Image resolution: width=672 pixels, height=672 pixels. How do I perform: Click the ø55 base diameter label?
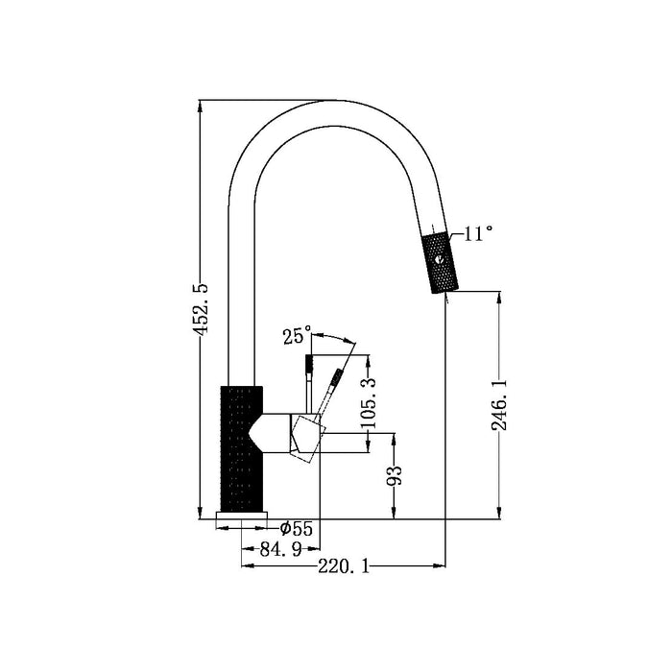[296, 528]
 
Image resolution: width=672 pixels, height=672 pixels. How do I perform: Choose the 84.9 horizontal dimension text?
[279, 549]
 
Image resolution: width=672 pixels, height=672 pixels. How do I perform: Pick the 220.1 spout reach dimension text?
[342, 566]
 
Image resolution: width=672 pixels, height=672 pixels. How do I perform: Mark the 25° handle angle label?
[297, 336]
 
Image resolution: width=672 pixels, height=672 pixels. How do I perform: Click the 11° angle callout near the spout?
[477, 233]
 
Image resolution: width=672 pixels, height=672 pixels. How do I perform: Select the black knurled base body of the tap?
[240, 448]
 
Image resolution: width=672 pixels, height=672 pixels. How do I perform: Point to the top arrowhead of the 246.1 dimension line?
[498, 297]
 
